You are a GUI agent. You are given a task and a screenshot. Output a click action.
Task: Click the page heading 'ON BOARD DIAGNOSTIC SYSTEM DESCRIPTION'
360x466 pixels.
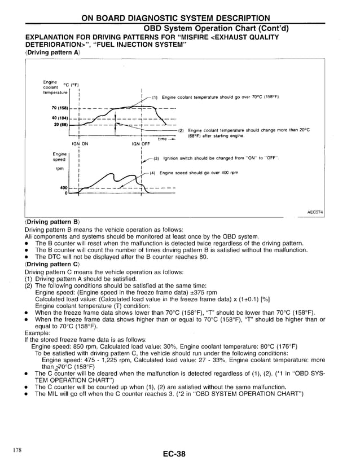(175, 17)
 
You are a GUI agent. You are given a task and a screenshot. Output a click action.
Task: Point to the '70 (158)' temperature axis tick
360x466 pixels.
(59, 108)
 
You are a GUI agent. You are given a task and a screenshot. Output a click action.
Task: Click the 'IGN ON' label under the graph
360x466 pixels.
(80, 144)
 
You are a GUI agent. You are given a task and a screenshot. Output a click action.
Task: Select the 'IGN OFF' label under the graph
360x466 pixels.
(141, 144)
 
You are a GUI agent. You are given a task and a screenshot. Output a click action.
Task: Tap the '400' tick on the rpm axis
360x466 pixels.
(63, 188)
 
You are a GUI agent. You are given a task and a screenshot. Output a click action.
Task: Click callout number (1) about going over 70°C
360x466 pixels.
(156, 97)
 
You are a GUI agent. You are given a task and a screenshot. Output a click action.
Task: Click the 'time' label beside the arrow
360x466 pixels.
(163, 138)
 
